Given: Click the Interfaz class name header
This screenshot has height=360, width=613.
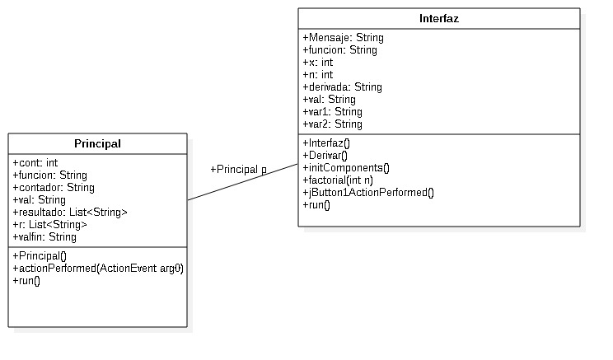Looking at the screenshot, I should (438, 19).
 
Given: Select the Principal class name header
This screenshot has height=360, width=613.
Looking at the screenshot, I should (97, 143).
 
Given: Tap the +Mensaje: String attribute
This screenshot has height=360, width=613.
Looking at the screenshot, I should (343, 37).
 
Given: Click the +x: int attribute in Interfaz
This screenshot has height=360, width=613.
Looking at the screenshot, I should (317, 62).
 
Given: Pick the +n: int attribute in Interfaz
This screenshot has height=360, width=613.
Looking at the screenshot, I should (317, 74).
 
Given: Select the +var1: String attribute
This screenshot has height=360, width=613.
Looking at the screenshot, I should (332, 111).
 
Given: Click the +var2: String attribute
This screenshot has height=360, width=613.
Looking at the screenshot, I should (332, 124).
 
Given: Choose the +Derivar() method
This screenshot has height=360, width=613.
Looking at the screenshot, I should (325, 155).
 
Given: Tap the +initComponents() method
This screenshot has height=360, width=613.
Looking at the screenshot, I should (346, 167).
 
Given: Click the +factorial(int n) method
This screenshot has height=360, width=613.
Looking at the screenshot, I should (339, 180).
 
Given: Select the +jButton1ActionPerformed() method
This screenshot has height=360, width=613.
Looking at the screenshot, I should (367, 192).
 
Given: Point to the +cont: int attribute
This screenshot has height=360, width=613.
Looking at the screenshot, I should (35, 162).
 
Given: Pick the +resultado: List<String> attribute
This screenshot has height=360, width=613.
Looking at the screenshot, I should (70, 212).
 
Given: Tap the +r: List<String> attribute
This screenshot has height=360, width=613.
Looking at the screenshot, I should (49, 224).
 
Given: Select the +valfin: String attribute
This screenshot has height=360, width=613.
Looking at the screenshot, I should (44, 236).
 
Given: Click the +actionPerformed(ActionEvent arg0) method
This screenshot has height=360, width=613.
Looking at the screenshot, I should (98, 269).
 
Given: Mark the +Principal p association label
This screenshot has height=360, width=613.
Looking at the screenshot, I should (238, 169).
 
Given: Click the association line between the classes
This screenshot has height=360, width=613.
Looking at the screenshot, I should (242, 182).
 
